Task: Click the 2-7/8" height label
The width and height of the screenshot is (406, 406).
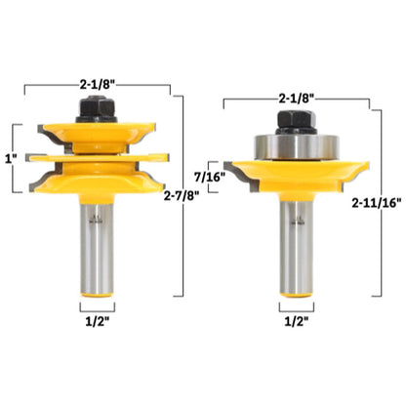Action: (182, 196)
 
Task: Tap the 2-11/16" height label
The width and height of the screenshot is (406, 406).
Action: (377, 203)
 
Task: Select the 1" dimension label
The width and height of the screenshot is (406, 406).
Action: (10, 158)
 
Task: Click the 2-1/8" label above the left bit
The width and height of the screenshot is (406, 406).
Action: (98, 85)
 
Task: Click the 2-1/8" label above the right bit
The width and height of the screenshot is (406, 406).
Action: (296, 99)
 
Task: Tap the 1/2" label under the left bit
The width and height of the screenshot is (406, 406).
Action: (98, 321)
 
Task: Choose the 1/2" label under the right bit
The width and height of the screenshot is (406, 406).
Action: (297, 321)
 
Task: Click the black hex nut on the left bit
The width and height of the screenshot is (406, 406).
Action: (97, 109)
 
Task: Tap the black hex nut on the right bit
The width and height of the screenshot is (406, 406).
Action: (296, 122)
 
